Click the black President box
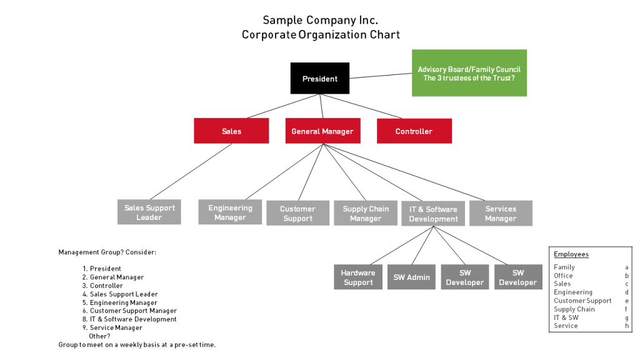(319, 79)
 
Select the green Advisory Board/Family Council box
(469, 73)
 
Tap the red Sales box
(231, 131)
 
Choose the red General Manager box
(322, 131)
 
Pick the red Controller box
(414, 131)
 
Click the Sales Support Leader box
(149, 212)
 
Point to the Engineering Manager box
(230, 212)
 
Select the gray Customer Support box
(297, 213)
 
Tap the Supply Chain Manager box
(365, 213)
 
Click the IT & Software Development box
(432, 214)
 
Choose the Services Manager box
(501, 213)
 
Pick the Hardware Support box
(357, 277)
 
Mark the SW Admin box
(411, 277)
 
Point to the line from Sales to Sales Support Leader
(191, 172)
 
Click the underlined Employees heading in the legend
(571, 254)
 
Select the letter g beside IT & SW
(627, 317)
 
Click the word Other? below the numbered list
(100, 336)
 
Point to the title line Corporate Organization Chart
(321, 35)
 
